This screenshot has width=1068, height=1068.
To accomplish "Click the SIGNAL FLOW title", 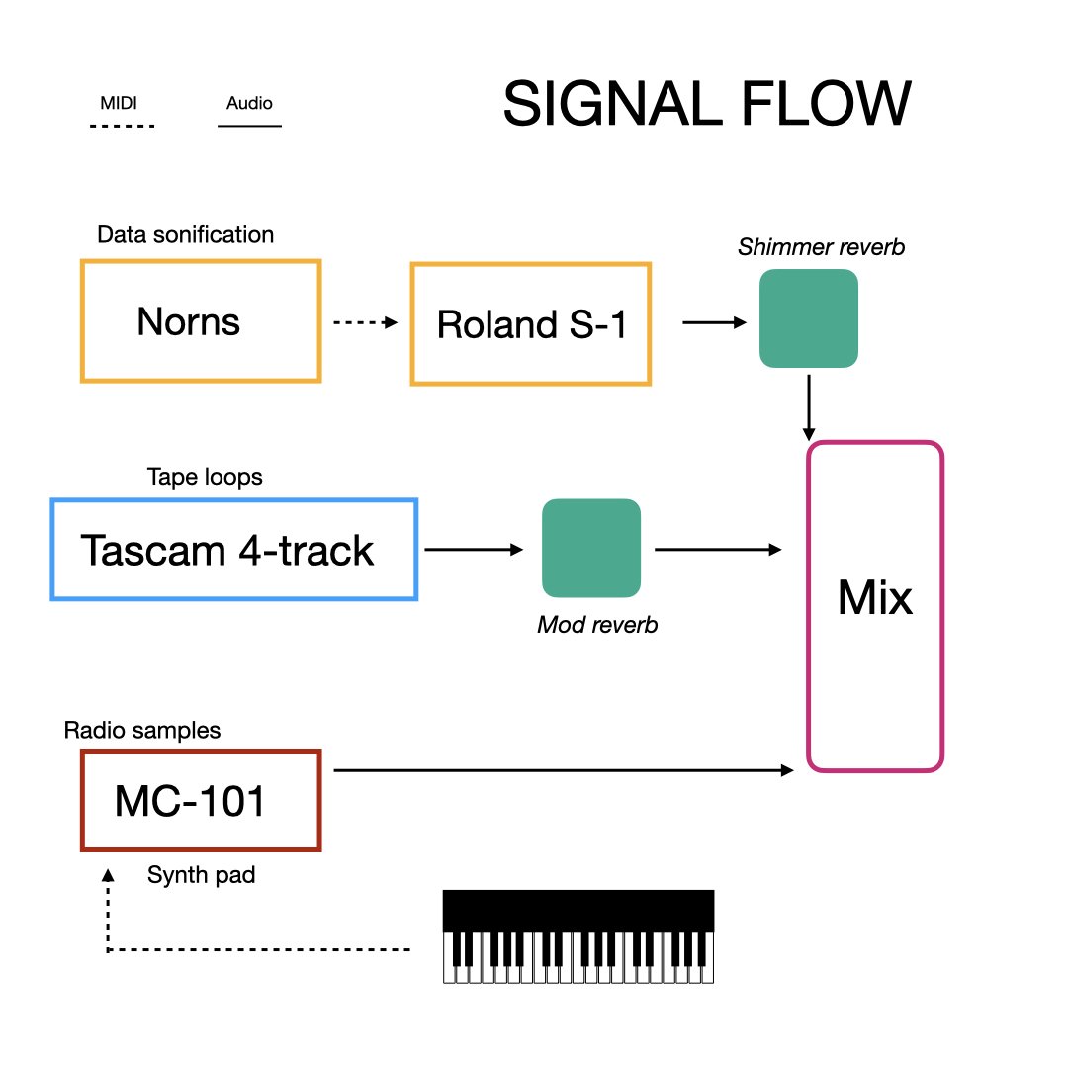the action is (707, 104).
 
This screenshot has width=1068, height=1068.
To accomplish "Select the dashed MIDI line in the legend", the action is (123, 126).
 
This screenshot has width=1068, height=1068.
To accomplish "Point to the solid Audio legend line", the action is (249, 126).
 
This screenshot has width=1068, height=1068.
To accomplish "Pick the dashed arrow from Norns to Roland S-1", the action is (366, 322).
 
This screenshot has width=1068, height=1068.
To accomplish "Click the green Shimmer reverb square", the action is (809, 318).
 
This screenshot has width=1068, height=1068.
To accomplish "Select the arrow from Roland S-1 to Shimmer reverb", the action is (715, 322).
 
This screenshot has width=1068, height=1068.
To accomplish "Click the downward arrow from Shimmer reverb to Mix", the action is (809, 407).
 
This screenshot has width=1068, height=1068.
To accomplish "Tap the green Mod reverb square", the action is (591, 548).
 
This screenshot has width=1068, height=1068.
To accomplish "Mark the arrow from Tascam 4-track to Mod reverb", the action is (474, 549).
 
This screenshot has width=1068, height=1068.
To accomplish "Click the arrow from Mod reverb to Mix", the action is (718, 549).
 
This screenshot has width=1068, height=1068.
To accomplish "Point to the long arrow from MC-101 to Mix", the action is (564, 770).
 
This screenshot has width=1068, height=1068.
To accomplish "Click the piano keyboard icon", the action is (578, 936).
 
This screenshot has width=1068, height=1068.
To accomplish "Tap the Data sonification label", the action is (185, 235).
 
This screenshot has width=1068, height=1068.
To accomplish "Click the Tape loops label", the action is (205, 477).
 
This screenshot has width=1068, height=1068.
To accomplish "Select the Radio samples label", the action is (141, 730).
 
